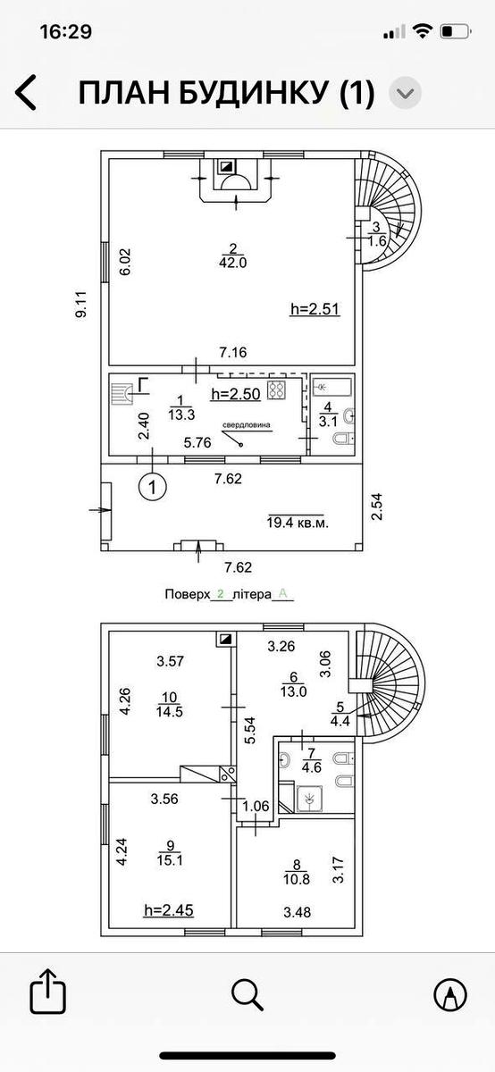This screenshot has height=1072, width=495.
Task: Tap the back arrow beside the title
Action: (26, 92)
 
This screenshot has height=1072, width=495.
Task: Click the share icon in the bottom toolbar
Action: (48, 990)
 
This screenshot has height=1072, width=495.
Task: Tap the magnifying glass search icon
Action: (247, 993)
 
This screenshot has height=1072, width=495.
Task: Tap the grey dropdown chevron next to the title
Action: (405, 92)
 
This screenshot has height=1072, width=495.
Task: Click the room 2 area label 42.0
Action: (233, 263)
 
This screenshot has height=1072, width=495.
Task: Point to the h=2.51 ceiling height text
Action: (315, 309)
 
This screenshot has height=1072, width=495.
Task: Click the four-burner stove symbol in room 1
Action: (277, 389)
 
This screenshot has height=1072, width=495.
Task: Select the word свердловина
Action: (246, 424)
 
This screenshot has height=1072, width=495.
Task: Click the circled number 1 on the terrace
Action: (152, 487)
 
